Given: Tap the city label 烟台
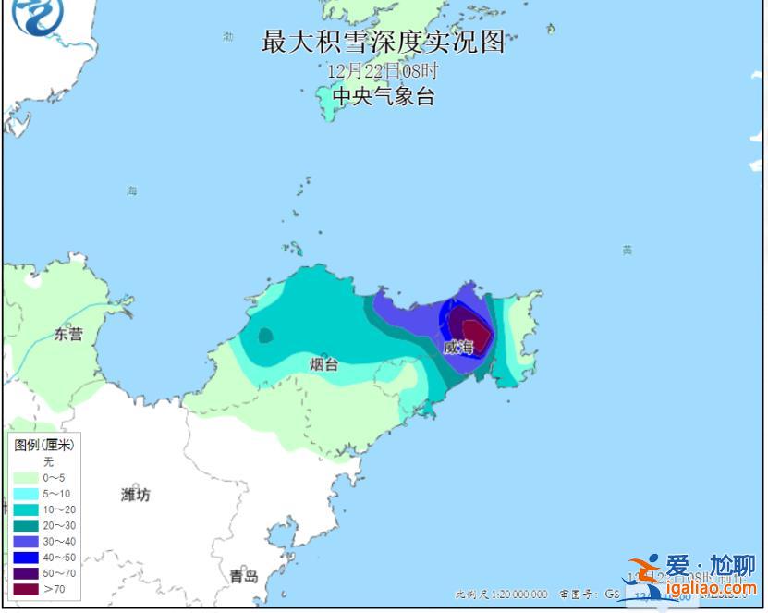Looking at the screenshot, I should click(323, 364).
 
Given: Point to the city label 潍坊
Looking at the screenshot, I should click(135, 495).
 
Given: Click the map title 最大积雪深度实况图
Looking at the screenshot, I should click(384, 42).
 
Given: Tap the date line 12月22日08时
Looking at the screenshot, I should click(383, 70).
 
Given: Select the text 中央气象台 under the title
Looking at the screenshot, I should click(383, 96).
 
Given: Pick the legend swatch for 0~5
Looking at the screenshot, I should click(25, 478).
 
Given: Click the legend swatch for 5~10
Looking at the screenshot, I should click(25, 494).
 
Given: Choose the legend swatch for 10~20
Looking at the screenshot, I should click(25, 509).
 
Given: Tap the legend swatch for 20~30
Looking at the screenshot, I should click(25, 525).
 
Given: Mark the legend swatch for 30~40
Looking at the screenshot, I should click(25, 542).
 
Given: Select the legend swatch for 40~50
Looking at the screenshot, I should click(25, 558).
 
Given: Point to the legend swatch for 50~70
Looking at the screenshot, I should click(25, 573).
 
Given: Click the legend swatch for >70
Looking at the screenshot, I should click(25, 589).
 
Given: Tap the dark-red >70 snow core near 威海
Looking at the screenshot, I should click(476, 331).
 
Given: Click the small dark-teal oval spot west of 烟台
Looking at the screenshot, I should click(265, 336).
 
